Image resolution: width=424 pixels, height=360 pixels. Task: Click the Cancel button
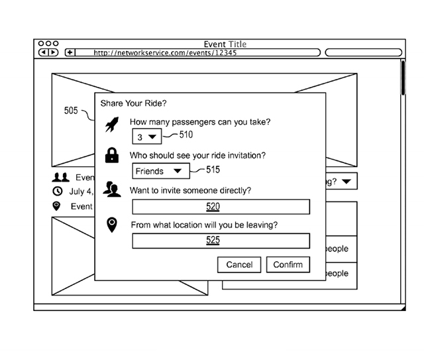(x=239, y=265)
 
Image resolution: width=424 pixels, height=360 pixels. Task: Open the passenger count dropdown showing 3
(x=146, y=137)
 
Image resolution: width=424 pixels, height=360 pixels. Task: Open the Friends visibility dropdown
(x=160, y=171)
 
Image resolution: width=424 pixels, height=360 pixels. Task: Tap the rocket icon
(x=112, y=124)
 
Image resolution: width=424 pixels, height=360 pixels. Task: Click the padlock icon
(x=112, y=156)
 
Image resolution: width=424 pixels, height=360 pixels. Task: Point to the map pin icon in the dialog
(x=112, y=225)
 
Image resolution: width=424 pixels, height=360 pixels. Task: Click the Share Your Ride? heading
(x=133, y=103)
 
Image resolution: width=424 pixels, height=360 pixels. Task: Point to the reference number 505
(x=71, y=111)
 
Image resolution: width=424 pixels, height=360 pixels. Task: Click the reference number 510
(x=186, y=135)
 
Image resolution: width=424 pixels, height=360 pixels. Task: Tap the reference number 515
(x=213, y=170)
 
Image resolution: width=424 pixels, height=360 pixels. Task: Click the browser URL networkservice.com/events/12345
(x=165, y=52)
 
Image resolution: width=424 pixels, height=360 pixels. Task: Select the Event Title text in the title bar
(x=225, y=44)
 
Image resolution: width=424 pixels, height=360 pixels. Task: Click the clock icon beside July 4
(x=58, y=192)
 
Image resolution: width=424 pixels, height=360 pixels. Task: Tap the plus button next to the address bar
(x=70, y=52)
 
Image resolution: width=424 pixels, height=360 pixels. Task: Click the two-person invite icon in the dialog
(x=112, y=190)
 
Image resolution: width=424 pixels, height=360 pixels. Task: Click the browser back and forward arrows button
(x=48, y=52)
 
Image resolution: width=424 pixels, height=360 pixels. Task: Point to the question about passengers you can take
(x=200, y=122)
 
